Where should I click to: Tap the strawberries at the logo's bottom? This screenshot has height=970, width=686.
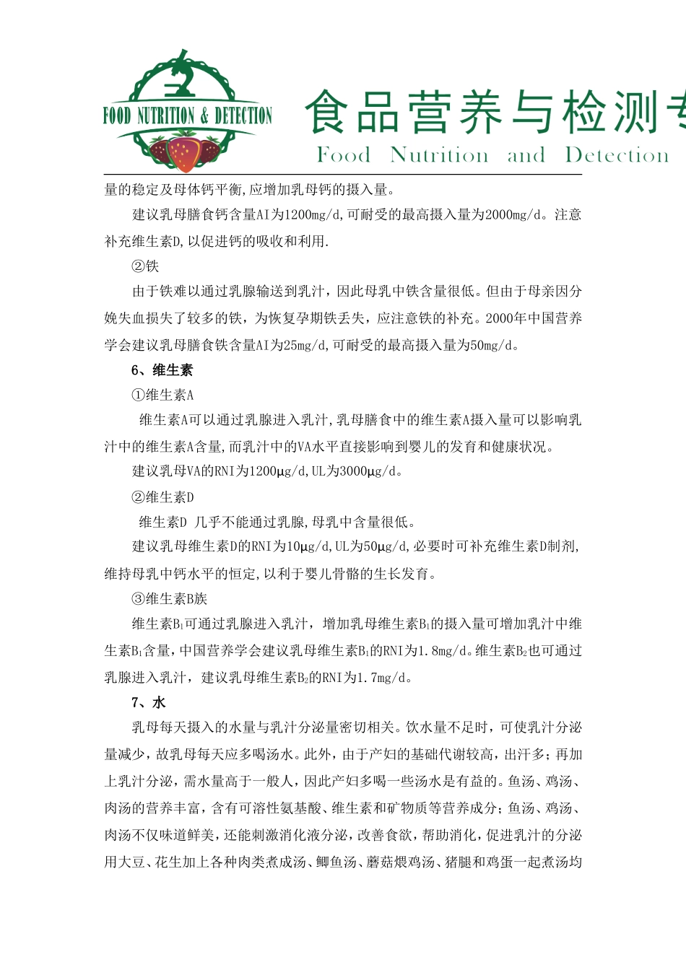point(184,151)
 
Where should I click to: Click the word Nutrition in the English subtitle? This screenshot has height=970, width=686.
point(439,155)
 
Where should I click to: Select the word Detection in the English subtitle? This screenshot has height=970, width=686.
point(617,155)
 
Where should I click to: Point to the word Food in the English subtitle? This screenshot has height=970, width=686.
point(344,155)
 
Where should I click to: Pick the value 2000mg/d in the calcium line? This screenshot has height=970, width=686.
point(513,215)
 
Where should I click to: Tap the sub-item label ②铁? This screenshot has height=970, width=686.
point(145,266)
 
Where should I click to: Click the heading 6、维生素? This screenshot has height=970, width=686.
point(162,370)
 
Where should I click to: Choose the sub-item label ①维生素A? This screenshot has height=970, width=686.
point(162,396)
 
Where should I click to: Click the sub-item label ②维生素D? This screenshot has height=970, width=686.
point(162,497)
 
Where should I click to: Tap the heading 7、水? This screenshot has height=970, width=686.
point(149,703)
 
